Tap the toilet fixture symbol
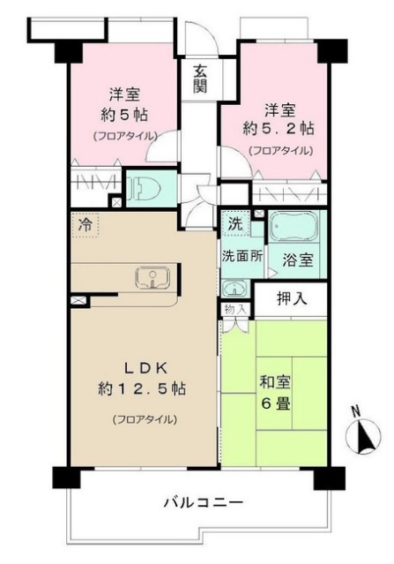(145, 188)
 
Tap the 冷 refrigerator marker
(85, 224)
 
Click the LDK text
(143, 367)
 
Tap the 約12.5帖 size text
(144, 388)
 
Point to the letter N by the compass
(353, 411)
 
